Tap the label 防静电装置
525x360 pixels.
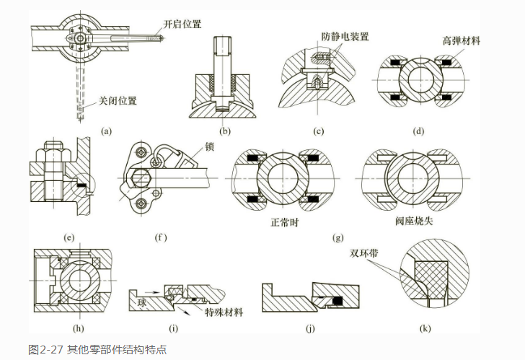[345, 35]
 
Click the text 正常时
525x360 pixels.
[282, 222]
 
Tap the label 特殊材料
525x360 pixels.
[225, 312]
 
